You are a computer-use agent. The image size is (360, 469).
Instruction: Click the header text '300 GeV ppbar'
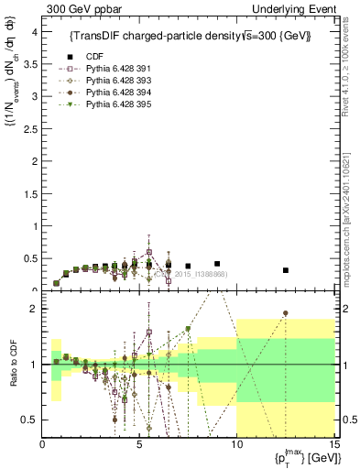click(x=73, y=8)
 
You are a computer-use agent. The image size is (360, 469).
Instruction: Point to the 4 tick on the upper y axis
click(x=34, y=32)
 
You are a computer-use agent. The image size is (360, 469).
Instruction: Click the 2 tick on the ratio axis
click(x=34, y=309)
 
